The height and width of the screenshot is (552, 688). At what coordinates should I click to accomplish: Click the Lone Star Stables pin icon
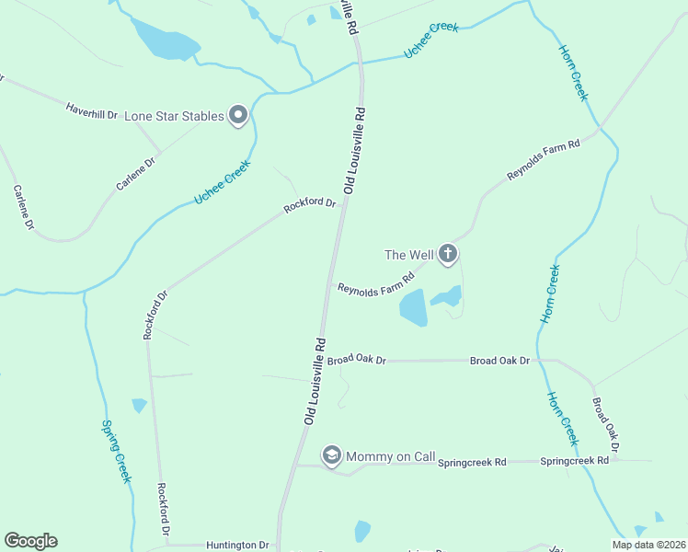pyautogui.click(x=238, y=115)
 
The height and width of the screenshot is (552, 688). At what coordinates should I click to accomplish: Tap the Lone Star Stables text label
pyautogui.click(x=175, y=116)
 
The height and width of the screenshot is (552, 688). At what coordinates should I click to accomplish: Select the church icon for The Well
pyautogui.click(x=448, y=254)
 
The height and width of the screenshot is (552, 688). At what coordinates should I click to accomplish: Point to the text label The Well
pyautogui.click(x=407, y=254)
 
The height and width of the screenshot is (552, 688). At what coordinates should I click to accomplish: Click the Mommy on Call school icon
pyautogui.click(x=331, y=455)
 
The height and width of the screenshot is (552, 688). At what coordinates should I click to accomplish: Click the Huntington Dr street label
pyautogui.click(x=236, y=545)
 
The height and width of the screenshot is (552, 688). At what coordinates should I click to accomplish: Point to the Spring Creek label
pyautogui.click(x=116, y=451)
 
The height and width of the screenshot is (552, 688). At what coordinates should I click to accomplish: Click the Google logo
pyautogui.click(x=30, y=541)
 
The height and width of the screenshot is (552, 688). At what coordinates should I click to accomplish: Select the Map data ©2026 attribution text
pyautogui.click(x=648, y=545)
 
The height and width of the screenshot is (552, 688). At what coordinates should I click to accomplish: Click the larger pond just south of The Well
pyautogui.click(x=413, y=308)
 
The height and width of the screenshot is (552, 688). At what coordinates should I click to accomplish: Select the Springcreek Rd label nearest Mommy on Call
pyautogui.click(x=472, y=462)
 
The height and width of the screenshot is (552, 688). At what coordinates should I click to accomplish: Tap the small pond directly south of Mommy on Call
pyautogui.click(x=362, y=531)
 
